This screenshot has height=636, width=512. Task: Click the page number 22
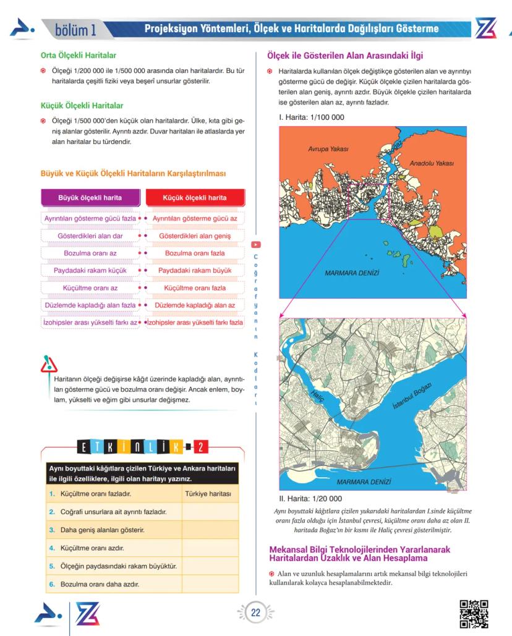click(x=255, y=613)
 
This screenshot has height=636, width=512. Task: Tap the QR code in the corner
click(x=474, y=614)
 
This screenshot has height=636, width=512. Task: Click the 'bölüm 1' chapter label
click(x=75, y=29)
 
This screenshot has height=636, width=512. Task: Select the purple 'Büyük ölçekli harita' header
click(x=90, y=198)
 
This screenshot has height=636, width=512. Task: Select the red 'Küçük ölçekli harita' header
click(x=195, y=198)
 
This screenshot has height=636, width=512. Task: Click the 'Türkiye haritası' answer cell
click(x=209, y=494)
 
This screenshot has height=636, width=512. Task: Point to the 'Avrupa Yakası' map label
click(x=328, y=150)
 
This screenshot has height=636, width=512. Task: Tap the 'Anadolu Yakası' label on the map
click(x=431, y=163)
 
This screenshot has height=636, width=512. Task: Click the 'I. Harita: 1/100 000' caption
click(x=312, y=117)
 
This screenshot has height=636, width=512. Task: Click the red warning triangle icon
click(x=48, y=365)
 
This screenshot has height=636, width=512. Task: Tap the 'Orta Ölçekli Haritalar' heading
click(x=78, y=56)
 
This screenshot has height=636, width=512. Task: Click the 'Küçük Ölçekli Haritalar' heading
click(x=82, y=106)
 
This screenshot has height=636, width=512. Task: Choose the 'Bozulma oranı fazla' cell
click(x=195, y=253)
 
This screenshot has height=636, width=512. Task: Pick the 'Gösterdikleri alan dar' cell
click(x=90, y=236)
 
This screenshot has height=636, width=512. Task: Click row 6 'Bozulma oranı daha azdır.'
click(x=99, y=583)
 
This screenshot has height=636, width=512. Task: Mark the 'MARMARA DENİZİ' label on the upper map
click(x=351, y=273)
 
